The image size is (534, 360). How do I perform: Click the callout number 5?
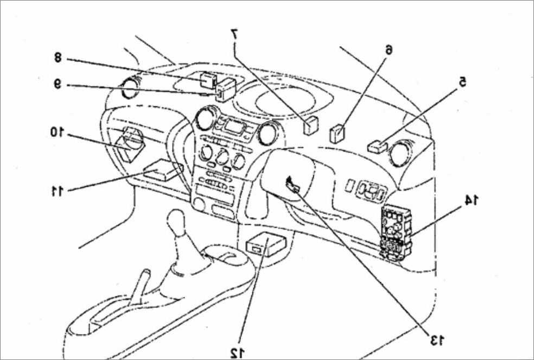tap(462, 81)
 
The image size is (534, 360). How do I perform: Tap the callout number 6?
tap(389, 49)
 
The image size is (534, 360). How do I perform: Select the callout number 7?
tap(234, 34)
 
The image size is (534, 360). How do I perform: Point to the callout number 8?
tap(58, 57)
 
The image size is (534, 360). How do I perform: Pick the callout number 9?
tap(58, 84)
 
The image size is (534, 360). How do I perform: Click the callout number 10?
tap(57, 132)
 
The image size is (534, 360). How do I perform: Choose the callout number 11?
tap(57, 191)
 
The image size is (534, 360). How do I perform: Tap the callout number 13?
tap(437, 339)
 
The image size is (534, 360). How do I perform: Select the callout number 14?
tap(472, 200)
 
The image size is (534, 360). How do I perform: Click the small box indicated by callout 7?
tap(310, 125)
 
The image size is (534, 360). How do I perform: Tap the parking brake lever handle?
tap(139, 286)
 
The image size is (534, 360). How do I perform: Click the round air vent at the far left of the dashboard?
tap(130, 88)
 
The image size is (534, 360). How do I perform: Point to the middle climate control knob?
tap(222, 156)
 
